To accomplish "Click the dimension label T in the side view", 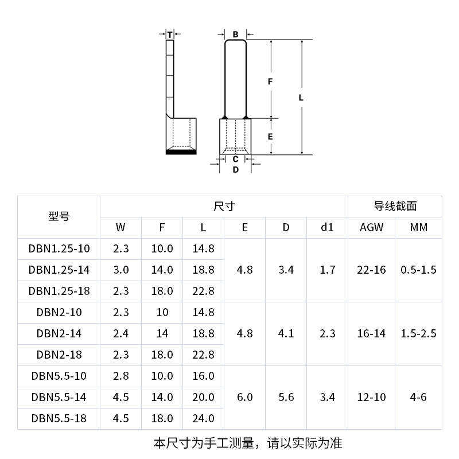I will coord(169,35).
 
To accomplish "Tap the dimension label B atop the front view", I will coord(235,34).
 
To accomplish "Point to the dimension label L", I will coord(301,98).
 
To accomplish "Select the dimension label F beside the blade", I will coord(270,81).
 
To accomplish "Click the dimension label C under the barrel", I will coord(235,159).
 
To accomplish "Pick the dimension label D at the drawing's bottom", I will coord(235,169).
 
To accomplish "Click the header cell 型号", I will coord(59,217).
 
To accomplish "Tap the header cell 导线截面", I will coord(395,206).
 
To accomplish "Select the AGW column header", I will coord(371,227).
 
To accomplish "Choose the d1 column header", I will coord(327,227).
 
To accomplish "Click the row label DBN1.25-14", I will coord(59,270).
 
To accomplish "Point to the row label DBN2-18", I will coord(59,355).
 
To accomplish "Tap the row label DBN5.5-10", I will coord(59,376).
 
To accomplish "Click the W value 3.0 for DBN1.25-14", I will coord(120,270).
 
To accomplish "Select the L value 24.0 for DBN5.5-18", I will coord(203,418).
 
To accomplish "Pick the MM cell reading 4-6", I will coord(419,397).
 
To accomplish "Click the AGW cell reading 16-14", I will coord(371,333).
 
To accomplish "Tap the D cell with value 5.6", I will coord(286,397).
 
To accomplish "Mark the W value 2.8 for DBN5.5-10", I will coord(120,376).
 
